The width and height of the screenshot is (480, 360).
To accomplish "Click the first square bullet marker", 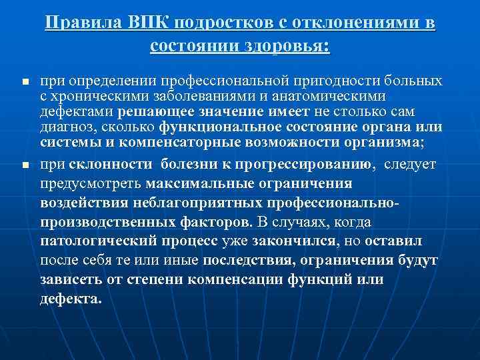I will coord(24,83).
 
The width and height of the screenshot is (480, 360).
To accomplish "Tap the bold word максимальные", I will coord(203,183).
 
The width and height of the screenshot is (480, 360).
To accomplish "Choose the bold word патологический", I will coord(93,241).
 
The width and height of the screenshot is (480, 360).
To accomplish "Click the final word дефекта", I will coord(70,299).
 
